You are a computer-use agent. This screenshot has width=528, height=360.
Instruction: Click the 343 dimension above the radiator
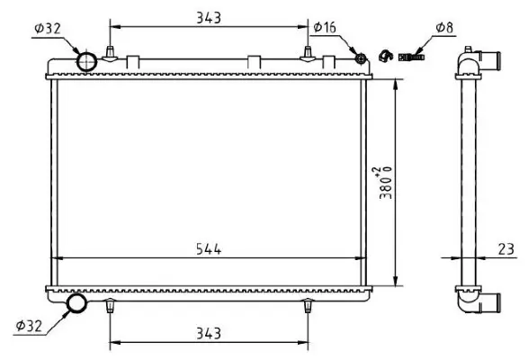pyautogui.click(x=208, y=17)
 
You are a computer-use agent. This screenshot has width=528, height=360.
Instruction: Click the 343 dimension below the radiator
pyautogui.click(x=208, y=334)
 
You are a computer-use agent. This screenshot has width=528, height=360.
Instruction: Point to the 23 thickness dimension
pyautogui.click(x=505, y=247)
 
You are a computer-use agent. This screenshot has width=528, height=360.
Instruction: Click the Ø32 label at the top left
pyautogui.click(x=47, y=29)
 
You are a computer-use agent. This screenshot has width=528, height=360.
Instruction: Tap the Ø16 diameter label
pyautogui.click(x=325, y=29)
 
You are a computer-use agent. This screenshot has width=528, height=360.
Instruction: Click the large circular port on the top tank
pyautogui.click(x=86, y=61)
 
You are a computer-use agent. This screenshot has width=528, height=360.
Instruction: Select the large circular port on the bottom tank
pyautogui.click(x=77, y=304)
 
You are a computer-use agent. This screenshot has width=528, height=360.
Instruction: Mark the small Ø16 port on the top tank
pyautogui.click(x=361, y=58)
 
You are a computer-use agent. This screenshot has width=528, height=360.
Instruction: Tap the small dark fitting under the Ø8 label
pyautogui.click(x=414, y=57)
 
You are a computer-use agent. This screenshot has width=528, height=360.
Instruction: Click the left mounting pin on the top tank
pyautogui.click(x=110, y=52)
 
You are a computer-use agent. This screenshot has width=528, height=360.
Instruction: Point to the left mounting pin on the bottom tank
pyautogui.click(x=110, y=307)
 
